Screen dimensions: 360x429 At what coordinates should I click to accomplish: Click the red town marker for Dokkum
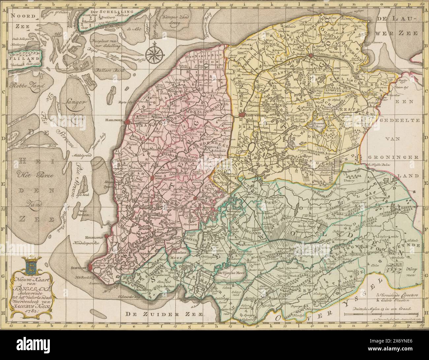[x=310, y=55]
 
